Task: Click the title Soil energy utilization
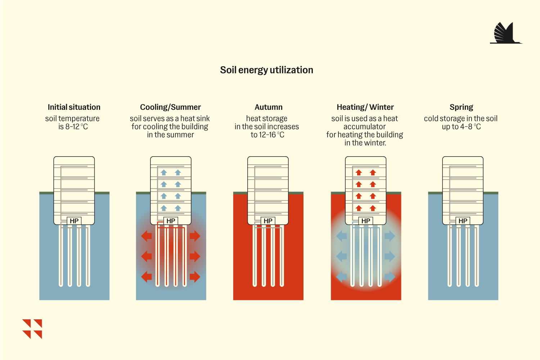point(266,70)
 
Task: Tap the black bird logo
point(506,33)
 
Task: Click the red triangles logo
point(32,329)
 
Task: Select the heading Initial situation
point(74,107)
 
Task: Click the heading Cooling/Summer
point(170,107)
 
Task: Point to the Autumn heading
point(269,107)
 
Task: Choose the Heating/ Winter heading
point(365,107)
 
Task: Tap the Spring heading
point(462,107)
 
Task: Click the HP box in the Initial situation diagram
point(74,221)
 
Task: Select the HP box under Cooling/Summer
point(171,221)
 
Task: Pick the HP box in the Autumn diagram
point(268,221)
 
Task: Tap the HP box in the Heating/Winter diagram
point(366,221)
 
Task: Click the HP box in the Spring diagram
point(463,221)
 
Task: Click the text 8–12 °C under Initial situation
point(77,127)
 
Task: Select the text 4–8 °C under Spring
point(471,127)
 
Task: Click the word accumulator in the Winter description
point(364,127)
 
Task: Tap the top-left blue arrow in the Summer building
point(164,172)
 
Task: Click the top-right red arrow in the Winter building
point(373,172)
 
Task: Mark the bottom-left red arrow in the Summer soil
point(147,276)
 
